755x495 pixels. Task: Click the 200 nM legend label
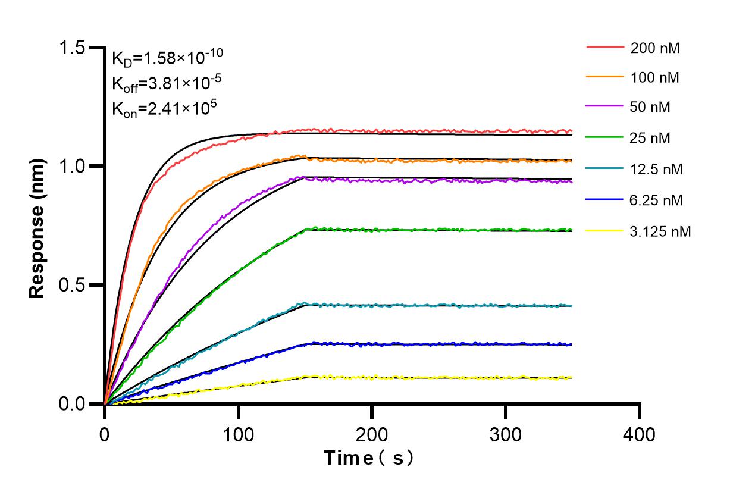tap(655, 48)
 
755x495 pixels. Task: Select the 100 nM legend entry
tap(655, 77)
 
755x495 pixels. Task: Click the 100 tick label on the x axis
tap(239, 435)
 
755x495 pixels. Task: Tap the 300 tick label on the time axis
tap(506, 435)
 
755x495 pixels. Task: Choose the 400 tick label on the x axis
tap(640, 435)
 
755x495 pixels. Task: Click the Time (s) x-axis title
tap(368, 459)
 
